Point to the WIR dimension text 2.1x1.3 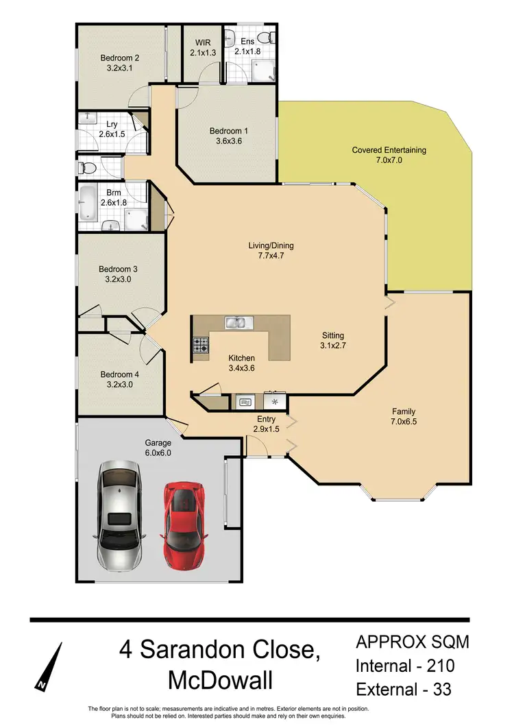(204, 51)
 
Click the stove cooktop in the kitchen (201, 346)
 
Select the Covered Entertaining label (389, 150)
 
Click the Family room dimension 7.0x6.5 (404, 422)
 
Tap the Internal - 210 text (404, 664)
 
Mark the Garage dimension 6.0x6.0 (157, 452)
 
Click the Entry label (266, 420)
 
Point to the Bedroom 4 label (119, 374)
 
